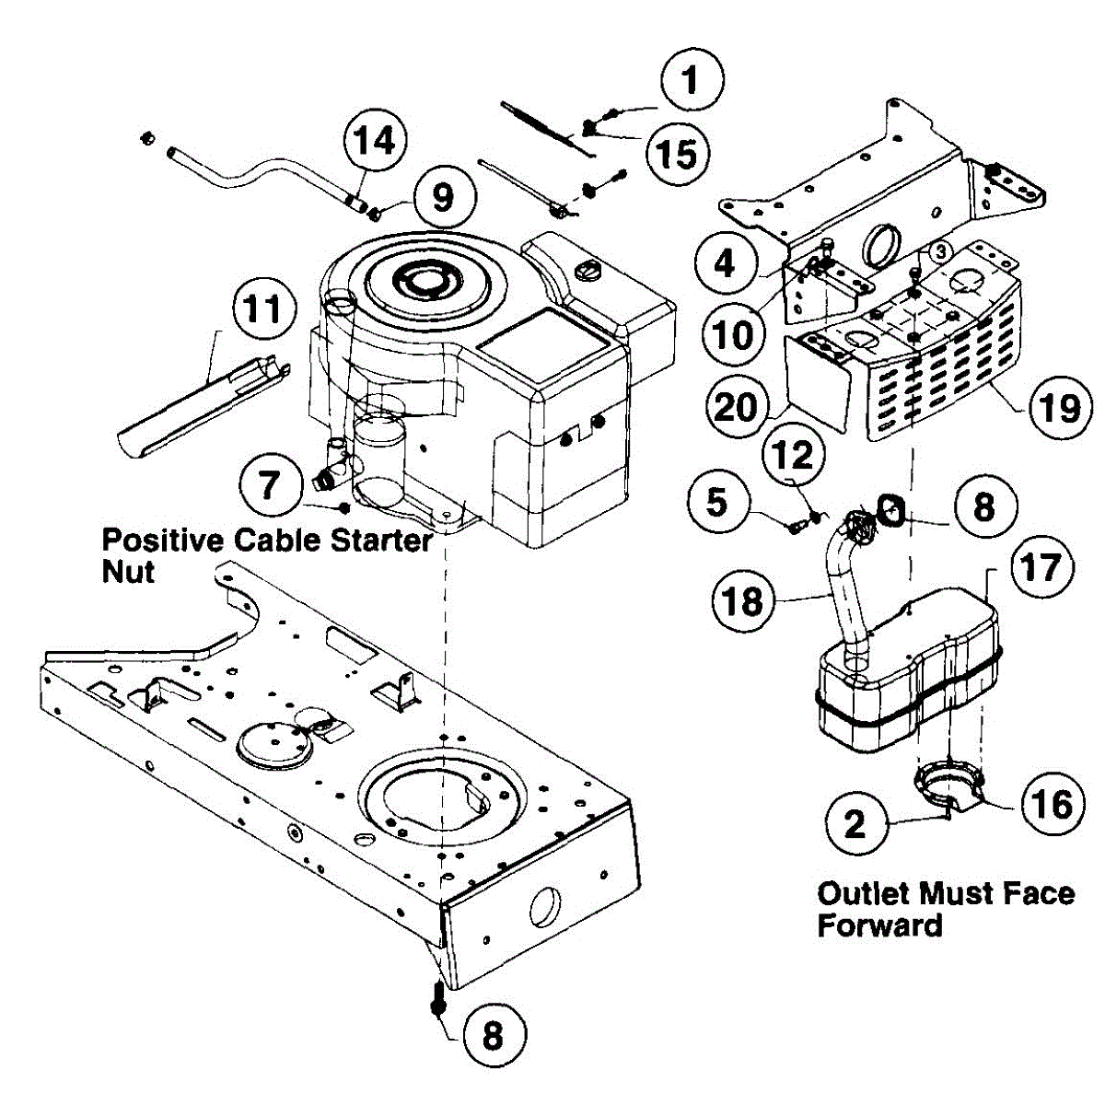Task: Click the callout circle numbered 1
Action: coord(691,79)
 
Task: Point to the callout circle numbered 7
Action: coord(269,483)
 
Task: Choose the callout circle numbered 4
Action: coord(726,263)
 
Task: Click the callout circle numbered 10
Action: coord(734,334)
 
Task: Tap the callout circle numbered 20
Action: coord(734,406)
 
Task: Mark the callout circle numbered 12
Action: coord(794,455)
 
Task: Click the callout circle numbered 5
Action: coord(716,503)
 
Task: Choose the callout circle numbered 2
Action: coord(855,822)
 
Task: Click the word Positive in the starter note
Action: coord(162,539)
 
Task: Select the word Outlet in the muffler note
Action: coord(859,893)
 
